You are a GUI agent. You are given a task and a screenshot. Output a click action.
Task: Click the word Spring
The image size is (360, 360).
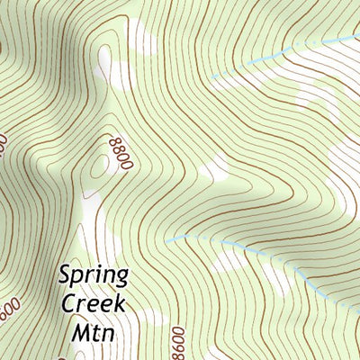pos(94,275)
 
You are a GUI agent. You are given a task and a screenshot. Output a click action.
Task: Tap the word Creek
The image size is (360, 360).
pos(94,302)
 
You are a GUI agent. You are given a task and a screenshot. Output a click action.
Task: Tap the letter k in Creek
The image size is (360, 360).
pos(121,301)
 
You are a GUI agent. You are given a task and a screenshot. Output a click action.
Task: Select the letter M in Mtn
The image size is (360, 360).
pos(78,329)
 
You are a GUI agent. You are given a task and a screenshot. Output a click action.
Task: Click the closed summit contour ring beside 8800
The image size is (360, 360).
pos(96,166)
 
